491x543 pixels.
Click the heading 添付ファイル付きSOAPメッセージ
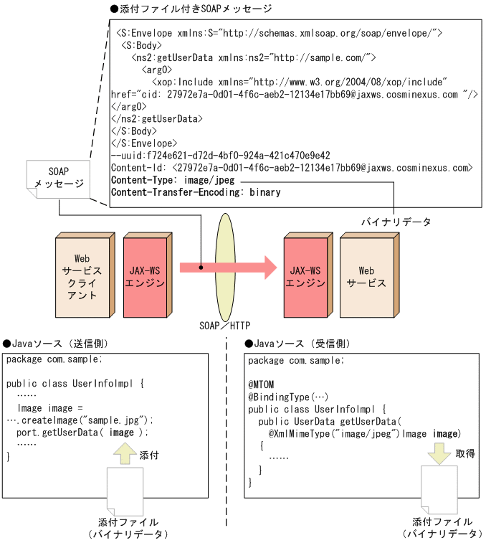(191, 9)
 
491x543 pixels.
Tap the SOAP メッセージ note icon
(57, 178)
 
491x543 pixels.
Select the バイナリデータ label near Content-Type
(396, 222)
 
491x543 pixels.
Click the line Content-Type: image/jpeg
(173, 180)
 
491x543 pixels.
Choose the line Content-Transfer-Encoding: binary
(195, 192)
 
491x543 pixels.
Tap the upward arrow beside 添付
(124, 454)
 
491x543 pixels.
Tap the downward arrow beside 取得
(440, 454)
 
